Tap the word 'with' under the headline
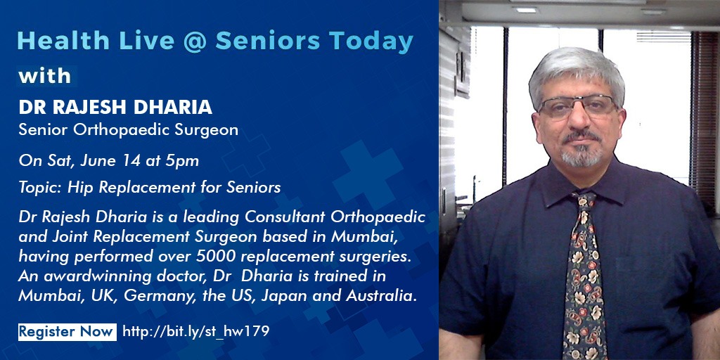coord(45,76)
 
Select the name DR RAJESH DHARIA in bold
coord(115,107)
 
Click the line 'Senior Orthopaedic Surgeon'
coord(129,129)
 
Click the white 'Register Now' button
coord(67,332)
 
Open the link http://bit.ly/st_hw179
coord(196,332)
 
